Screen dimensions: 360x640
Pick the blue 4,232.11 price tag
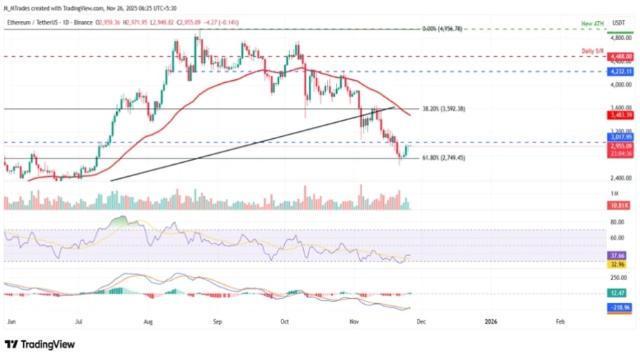click(620, 72)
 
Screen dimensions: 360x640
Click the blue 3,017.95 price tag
click(620, 138)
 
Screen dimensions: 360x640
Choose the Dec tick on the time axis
click(420, 321)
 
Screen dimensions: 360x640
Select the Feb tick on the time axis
click(559, 321)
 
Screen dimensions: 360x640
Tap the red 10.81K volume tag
click(620, 205)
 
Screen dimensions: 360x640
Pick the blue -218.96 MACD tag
click(620, 307)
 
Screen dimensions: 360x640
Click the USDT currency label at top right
click(618, 23)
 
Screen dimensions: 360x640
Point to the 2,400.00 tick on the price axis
click(620, 178)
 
